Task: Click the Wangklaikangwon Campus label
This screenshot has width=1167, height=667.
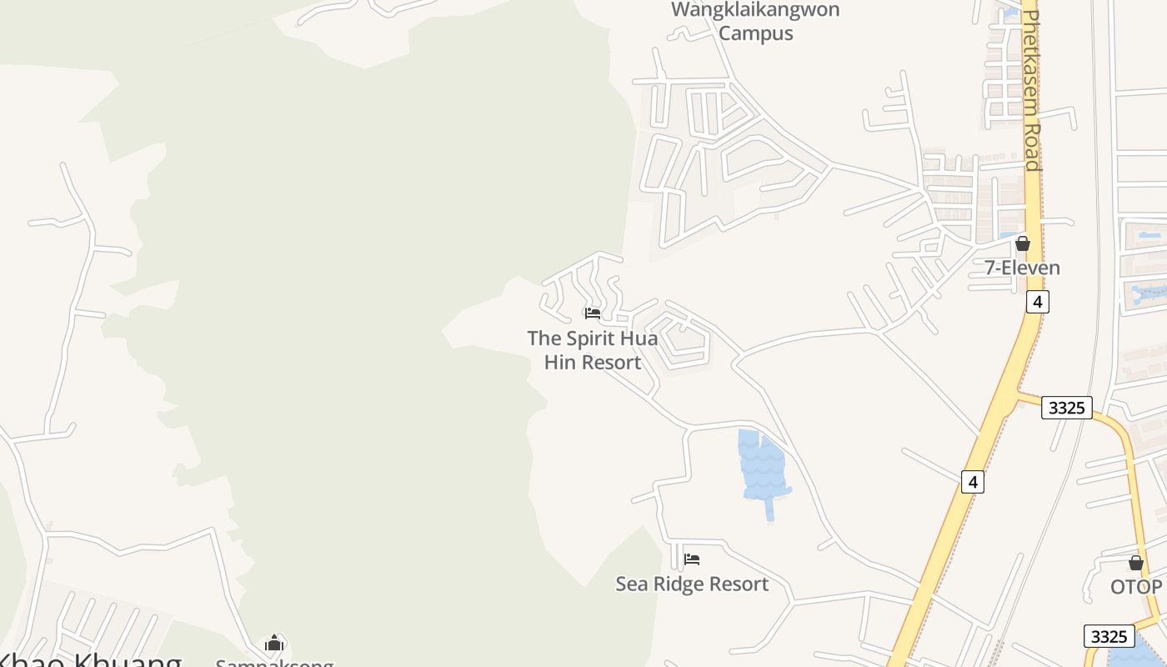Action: click(755, 21)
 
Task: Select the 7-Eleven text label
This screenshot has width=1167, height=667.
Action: click(1022, 268)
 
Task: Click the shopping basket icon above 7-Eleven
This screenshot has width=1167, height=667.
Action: click(1022, 243)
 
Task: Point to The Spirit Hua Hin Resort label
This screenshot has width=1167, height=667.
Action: click(592, 350)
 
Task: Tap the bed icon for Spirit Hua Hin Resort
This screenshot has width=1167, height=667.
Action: click(593, 313)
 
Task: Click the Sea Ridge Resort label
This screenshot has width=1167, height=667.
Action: click(692, 584)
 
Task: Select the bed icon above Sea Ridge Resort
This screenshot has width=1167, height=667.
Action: click(692, 559)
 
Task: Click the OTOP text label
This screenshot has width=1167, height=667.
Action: click(1135, 587)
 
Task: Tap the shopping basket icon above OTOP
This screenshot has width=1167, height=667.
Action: click(1135, 563)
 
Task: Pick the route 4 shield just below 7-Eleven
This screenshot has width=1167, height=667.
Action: click(1037, 302)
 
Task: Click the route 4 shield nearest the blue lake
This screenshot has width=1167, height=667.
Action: click(972, 481)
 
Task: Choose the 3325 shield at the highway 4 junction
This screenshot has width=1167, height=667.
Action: click(1066, 408)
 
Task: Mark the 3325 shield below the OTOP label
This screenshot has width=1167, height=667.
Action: click(1109, 636)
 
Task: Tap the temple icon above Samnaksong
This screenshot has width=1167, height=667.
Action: click(274, 643)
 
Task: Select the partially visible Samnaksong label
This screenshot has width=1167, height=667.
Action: click(274, 663)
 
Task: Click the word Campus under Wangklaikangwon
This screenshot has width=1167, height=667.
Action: click(755, 33)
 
